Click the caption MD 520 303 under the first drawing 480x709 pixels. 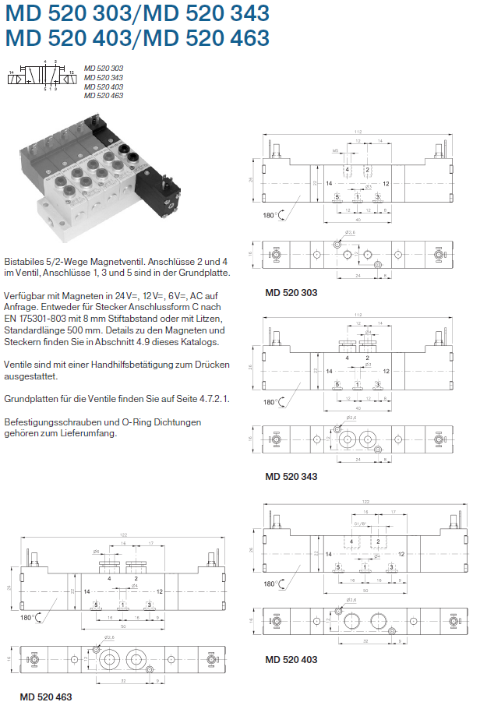pyautogui.click(x=291, y=293)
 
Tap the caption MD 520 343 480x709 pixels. pyautogui.click(x=291, y=476)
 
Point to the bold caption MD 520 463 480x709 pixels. pyautogui.click(x=46, y=696)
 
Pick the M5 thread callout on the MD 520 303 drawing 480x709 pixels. pyautogui.click(x=335, y=150)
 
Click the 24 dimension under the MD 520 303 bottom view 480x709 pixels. pyautogui.click(x=358, y=275)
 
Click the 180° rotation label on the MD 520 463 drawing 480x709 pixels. pyautogui.click(x=26, y=616)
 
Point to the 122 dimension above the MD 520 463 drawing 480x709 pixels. pyautogui.click(x=123, y=534)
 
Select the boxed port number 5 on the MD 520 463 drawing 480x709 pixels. pyautogui.click(x=96, y=604)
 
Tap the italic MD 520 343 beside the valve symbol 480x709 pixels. pyautogui.click(x=104, y=77)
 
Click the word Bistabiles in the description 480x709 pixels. pyautogui.click(x=25, y=262)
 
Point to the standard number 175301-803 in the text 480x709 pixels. pyautogui.click(x=49, y=318)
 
